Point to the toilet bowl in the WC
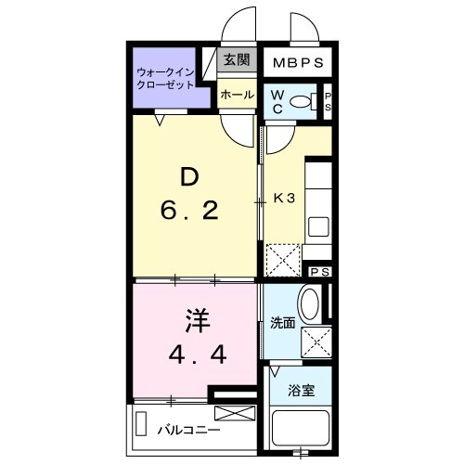(x=300, y=100)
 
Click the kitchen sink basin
(x=318, y=226)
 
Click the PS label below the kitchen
(x=319, y=272)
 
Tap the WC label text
(x=277, y=99)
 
